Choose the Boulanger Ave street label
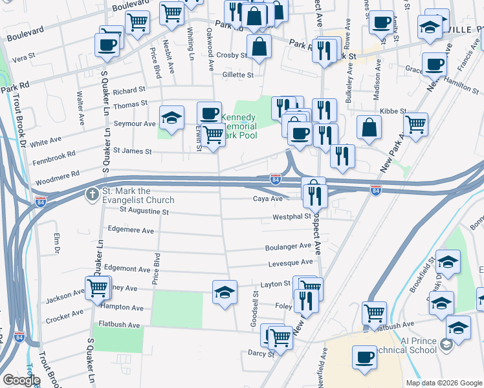tap(288, 246)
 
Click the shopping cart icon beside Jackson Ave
tap(97, 287)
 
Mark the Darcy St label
tap(261, 354)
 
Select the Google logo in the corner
tap(21, 380)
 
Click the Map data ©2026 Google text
tap(444, 383)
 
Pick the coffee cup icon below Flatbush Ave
tap(364, 358)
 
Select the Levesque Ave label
tap(291, 263)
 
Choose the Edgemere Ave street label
tap(131, 230)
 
